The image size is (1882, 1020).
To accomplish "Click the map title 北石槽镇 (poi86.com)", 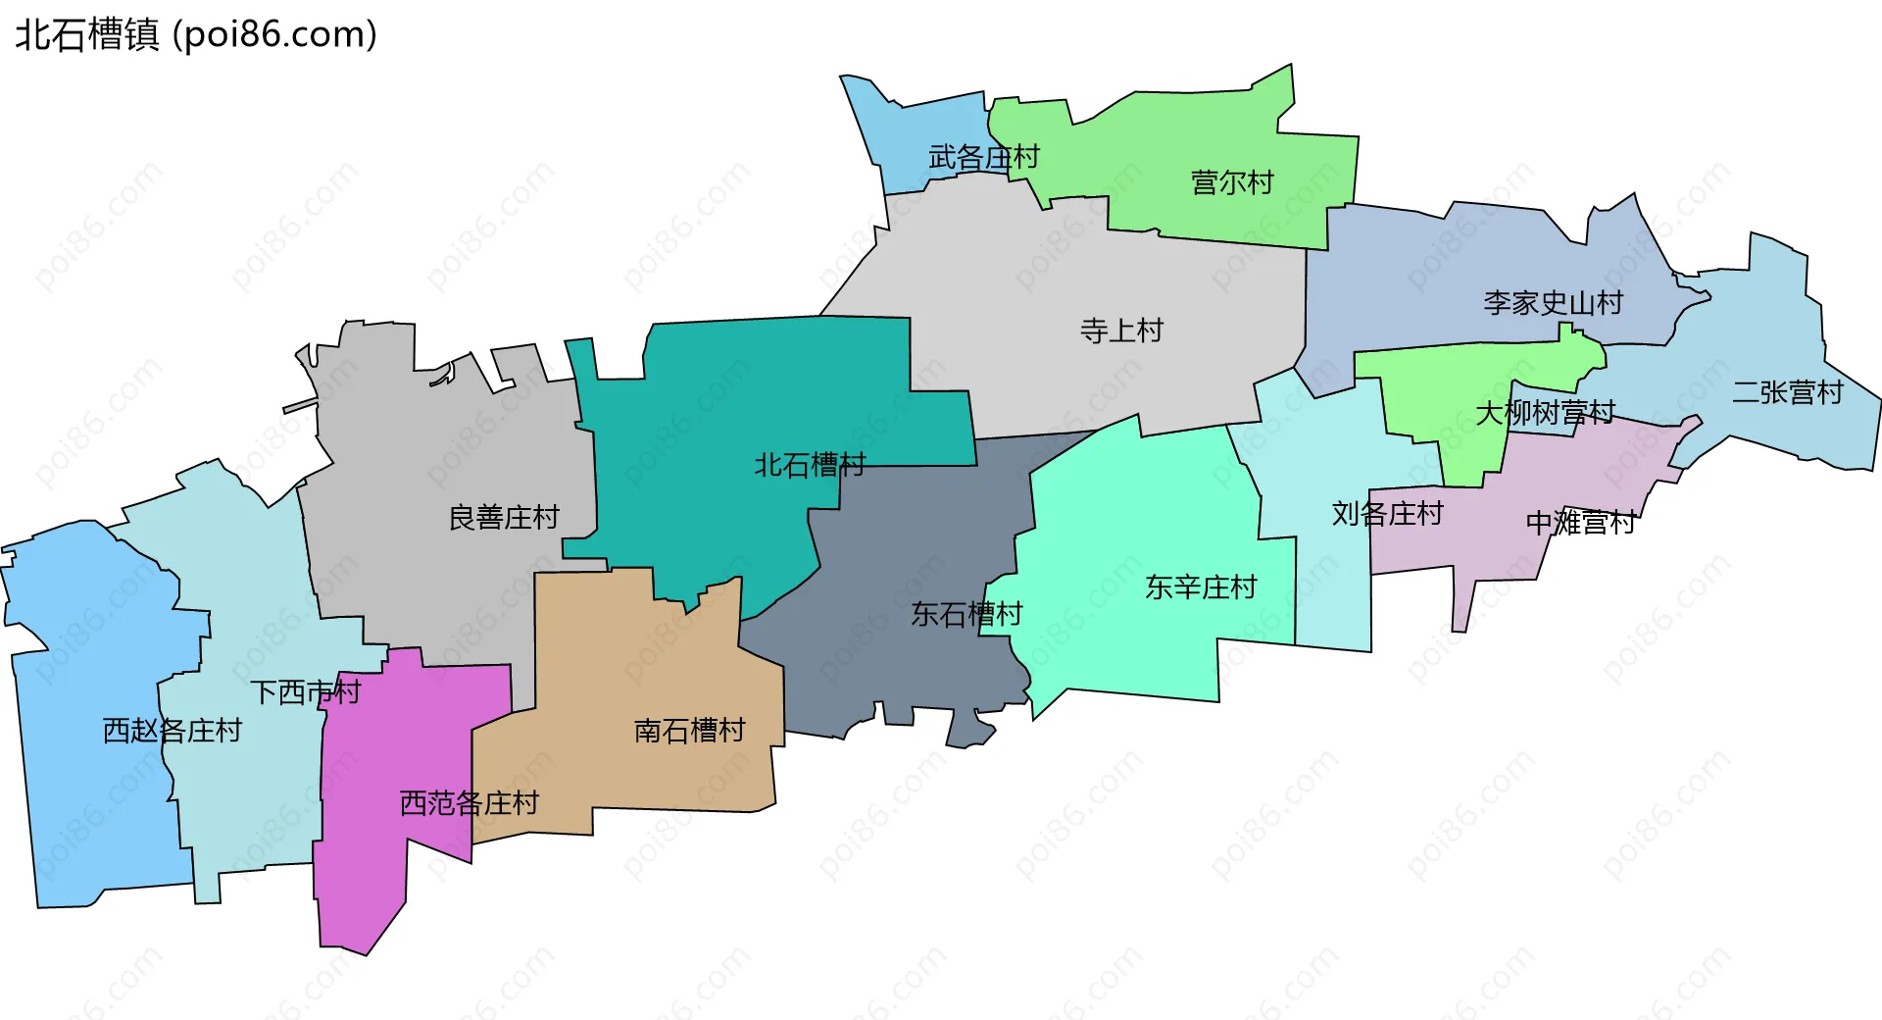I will click(x=196, y=35).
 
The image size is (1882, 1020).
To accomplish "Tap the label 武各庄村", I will click(x=983, y=157).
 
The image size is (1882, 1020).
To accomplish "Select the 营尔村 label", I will click(x=1232, y=182).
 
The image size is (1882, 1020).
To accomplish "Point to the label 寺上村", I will click(x=1121, y=331).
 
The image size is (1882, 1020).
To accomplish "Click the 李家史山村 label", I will click(x=1553, y=303).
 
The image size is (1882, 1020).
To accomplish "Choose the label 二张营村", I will click(x=1787, y=392).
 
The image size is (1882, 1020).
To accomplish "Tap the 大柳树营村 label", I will click(x=1545, y=413).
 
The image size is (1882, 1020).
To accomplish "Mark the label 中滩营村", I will click(x=1581, y=523).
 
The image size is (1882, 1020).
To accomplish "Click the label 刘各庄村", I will click(x=1387, y=513).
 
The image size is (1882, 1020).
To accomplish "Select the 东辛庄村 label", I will click(x=1201, y=587).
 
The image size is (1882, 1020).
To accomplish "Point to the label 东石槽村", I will click(x=966, y=614).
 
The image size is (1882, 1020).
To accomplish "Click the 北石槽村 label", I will click(x=810, y=465).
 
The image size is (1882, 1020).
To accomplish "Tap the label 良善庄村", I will click(x=504, y=517).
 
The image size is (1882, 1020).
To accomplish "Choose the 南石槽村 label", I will click(x=689, y=731).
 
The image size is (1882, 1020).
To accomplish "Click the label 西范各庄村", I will click(x=469, y=803).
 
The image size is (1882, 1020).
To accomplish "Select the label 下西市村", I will click(x=306, y=692).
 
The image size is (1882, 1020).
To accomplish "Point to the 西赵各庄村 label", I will click(x=172, y=731).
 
